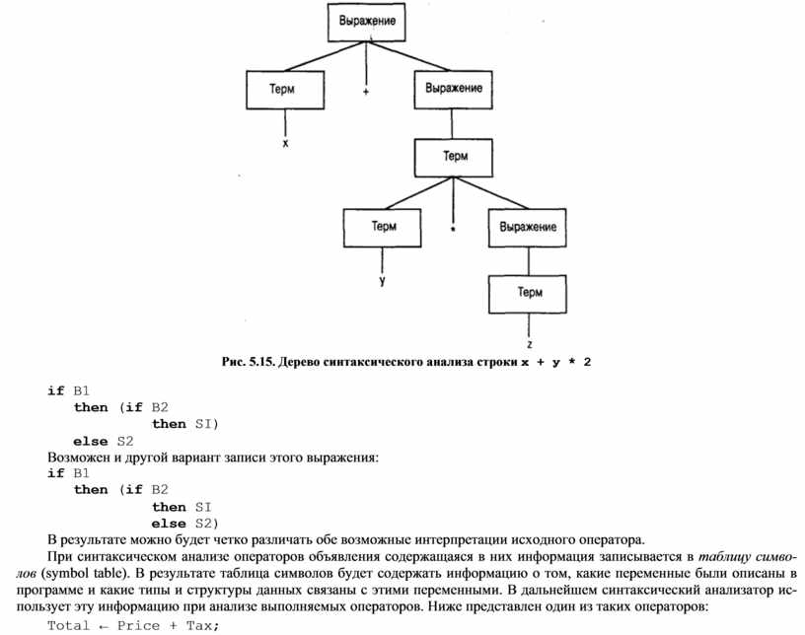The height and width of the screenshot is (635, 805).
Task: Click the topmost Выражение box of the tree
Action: coord(367,22)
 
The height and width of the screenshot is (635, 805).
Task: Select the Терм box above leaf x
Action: coord(285,90)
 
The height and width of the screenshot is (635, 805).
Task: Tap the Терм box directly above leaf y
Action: coord(383,228)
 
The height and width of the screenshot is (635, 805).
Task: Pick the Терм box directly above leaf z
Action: coord(528,294)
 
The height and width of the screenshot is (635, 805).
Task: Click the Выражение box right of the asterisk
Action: coord(527,228)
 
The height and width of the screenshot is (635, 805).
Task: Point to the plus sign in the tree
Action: coord(366,92)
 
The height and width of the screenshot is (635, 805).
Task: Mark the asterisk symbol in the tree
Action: coord(452,229)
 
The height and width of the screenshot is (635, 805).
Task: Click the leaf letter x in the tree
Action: coord(285,143)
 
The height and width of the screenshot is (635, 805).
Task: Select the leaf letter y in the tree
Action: coord(383,281)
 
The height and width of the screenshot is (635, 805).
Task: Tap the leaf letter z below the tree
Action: coord(530,344)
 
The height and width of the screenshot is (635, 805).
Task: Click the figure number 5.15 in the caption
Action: coord(262,362)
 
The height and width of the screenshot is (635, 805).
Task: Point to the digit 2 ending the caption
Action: coord(587,362)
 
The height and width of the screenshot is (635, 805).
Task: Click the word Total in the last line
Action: coord(68,625)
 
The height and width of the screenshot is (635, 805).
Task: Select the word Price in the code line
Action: coord(138,625)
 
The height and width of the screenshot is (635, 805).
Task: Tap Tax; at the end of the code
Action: coord(203,625)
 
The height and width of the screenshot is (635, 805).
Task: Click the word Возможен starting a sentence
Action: coord(78,457)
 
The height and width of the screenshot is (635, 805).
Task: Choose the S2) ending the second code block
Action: coord(206,524)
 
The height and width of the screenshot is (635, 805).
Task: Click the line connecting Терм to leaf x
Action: coord(285,123)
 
